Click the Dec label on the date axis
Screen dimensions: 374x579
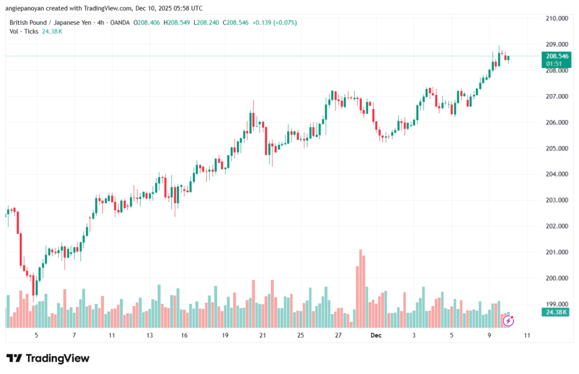(x=377, y=335)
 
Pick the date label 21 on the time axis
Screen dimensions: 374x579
(x=263, y=335)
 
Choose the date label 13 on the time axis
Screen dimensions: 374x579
(x=149, y=335)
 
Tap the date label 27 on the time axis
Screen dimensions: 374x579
(x=338, y=335)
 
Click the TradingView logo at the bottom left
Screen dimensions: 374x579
(x=47, y=358)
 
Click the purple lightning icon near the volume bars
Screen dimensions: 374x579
(x=508, y=321)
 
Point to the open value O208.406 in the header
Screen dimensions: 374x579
(x=146, y=22)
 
